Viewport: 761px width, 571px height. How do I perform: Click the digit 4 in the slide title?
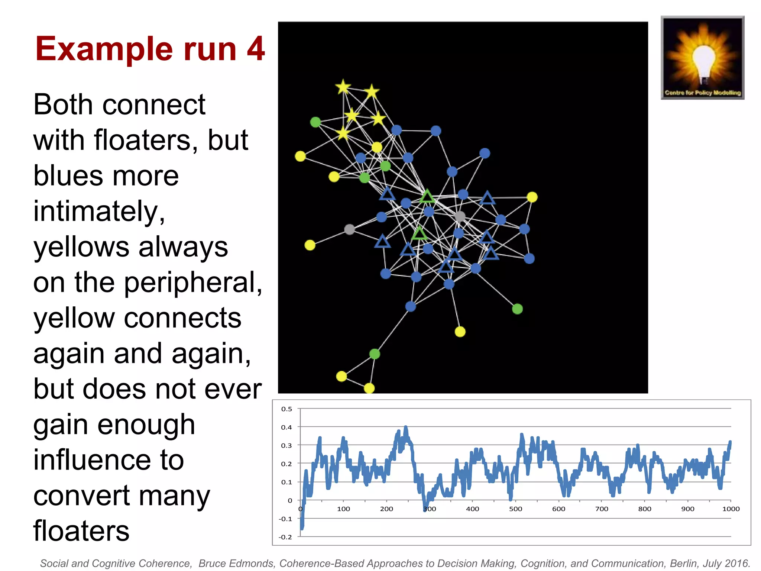click(256, 49)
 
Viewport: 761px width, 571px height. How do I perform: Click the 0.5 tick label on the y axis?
click(286, 409)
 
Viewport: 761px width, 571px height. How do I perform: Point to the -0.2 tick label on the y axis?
click(285, 537)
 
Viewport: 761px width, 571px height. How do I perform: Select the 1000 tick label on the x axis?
click(731, 509)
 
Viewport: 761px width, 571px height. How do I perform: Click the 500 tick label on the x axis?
click(515, 509)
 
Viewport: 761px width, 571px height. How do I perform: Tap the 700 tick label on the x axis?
click(602, 509)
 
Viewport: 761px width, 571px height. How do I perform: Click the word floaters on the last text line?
click(81, 530)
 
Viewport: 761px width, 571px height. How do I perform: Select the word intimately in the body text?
click(99, 211)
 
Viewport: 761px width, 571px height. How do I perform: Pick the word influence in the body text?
click(109, 460)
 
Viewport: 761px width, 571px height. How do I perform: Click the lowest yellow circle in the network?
click(369, 388)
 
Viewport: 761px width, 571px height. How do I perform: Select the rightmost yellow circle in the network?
click(532, 197)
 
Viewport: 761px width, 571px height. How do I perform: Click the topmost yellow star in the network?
click(343, 87)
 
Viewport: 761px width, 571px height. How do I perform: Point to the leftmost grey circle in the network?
click(349, 229)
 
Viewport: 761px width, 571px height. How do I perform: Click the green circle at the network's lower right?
click(517, 309)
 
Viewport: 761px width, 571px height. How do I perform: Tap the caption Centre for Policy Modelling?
click(703, 93)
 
